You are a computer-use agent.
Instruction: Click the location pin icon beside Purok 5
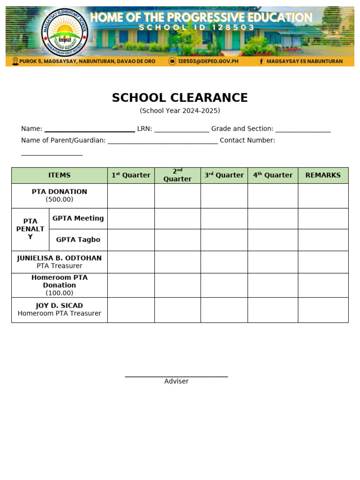pyautogui.click(x=15, y=61)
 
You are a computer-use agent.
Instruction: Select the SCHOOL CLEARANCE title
pyautogui.click(x=180, y=98)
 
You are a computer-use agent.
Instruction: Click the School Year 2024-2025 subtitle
pyautogui.click(x=180, y=111)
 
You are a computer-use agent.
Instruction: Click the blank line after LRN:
pyautogui.click(x=181, y=130)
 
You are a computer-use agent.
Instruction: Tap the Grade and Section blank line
pyautogui.click(x=303, y=130)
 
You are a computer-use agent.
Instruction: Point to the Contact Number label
pyautogui.click(x=247, y=140)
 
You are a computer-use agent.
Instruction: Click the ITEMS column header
pyautogui.click(x=60, y=175)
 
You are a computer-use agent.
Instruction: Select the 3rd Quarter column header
pyautogui.click(x=224, y=175)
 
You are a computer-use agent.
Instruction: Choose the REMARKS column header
pyautogui.click(x=323, y=175)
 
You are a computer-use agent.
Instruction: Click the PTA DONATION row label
pyautogui.click(x=60, y=192)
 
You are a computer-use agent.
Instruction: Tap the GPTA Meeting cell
pyautogui.click(x=78, y=218)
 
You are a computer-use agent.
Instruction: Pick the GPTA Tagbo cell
pyautogui.click(x=78, y=240)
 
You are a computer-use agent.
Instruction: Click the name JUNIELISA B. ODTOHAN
pyautogui.click(x=60, y=258)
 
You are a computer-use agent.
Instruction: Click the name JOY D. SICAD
pyautogui.click(x=60, y=306)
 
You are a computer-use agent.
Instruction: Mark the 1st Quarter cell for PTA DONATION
pyautogui.click(x=131, y=196)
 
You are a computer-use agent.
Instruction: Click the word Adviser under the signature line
pyautogui.click(x=176, y=382)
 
